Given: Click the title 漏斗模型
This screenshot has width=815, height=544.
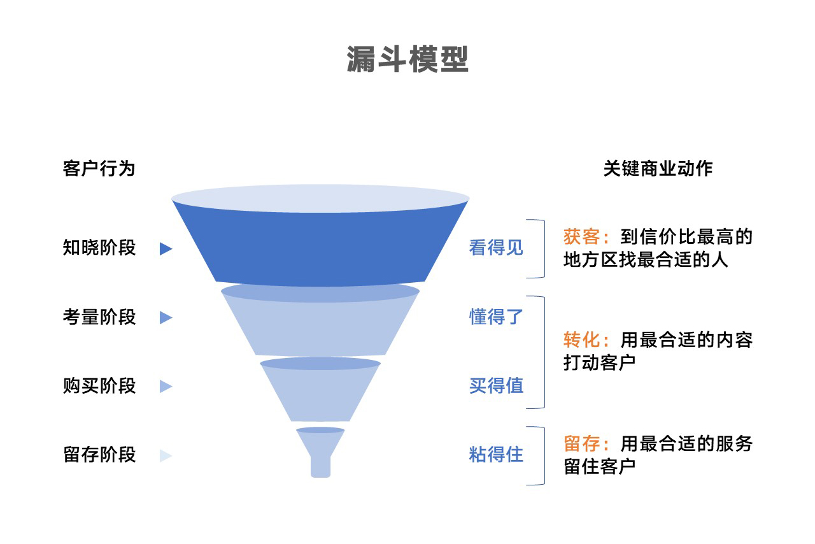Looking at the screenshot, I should click(407, 60).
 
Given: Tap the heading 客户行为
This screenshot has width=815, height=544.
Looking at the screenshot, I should click(99, 169).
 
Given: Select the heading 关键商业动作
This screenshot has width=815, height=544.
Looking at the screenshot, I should click(658, 168).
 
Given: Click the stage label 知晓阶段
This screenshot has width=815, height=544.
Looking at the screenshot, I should click(99, 248).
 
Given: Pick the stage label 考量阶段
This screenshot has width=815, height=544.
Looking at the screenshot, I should click(99, 317).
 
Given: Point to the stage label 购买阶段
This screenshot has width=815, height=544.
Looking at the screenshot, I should click(99, 386).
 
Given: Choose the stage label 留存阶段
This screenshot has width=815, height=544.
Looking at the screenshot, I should click(99, 455).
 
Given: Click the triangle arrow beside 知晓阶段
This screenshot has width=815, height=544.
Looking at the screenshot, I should click(166, 249).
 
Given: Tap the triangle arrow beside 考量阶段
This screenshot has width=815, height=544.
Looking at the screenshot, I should click(166, 317).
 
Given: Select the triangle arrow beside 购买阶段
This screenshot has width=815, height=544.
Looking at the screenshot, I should click(166, 387).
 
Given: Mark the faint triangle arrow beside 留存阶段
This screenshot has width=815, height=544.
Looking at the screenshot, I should click(166, 456).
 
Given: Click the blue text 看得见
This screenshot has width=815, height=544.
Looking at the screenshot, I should click(496, 248).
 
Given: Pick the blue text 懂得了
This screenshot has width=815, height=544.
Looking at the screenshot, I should click(496, 317).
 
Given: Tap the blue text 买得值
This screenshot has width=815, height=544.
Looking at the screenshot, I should click(496, 386).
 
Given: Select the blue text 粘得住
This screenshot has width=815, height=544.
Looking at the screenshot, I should click(496, 455).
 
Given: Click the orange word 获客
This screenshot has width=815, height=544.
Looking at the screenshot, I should click(581, 238).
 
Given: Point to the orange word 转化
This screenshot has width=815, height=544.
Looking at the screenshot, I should click(581, 340).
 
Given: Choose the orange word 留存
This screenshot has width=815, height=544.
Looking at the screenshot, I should click(581, 443).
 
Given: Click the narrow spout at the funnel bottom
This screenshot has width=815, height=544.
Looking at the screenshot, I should click(320, 465).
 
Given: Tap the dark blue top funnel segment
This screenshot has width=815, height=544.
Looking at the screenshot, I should click(320, 245).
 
